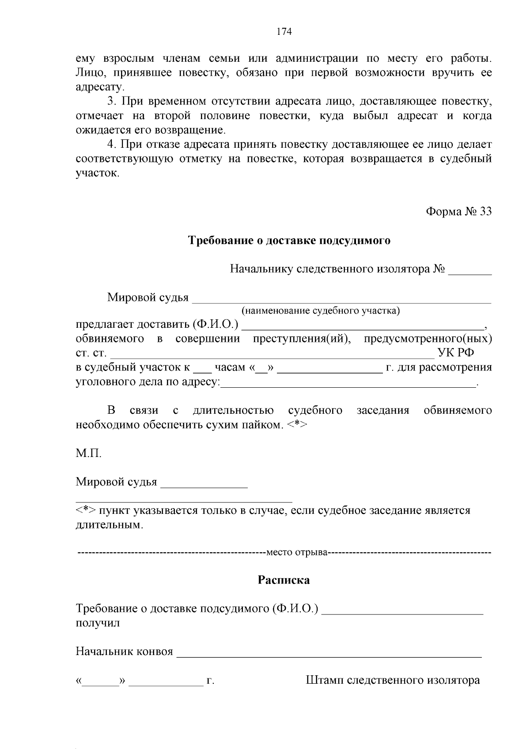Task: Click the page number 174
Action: (284, 31)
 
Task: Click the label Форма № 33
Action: (458, 212)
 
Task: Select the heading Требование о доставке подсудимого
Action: (289, 241)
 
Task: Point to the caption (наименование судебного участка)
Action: (320, 311)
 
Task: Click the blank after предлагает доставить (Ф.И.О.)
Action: (363, 329)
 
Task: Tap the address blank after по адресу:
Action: (348, 386)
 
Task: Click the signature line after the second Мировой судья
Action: (204, 487)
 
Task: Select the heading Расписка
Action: (284, 580)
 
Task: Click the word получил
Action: (98, 623)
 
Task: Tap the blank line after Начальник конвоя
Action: (329, 656)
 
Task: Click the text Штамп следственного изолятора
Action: (393, 680)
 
